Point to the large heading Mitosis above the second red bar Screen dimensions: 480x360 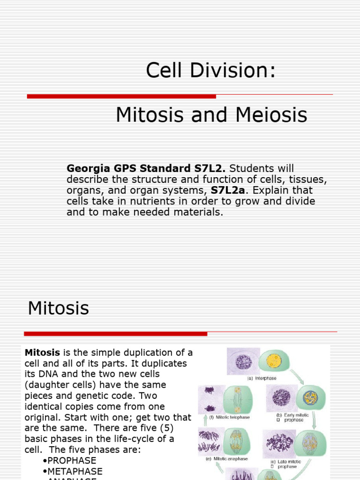tap(58, 308)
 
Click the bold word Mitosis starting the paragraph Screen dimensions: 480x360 tap(42, 352)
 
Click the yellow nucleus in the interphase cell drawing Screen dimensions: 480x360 tap(273, 360)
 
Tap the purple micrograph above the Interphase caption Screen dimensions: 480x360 tap(244, 361)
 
